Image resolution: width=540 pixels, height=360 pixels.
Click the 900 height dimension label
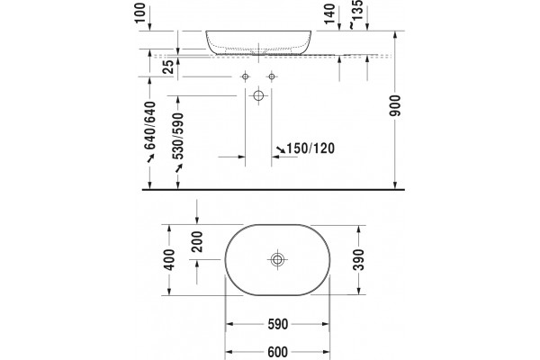tap(396, 105)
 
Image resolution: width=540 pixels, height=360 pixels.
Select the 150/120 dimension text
tap(310, 148)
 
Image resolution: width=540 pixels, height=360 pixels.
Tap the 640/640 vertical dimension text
tap(149, 125)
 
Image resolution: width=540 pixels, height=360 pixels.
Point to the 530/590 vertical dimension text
tap(178, 136)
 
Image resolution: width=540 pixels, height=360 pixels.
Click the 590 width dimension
tap(277, 324)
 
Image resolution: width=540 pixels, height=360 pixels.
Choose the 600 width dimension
tap(277, 352)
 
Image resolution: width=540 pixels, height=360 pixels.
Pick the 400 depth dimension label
tap(169, 259)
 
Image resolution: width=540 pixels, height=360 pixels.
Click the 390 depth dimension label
tap(358, 259)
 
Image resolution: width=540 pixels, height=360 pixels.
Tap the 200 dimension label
tap(197, 241)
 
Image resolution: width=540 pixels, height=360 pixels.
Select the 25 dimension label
tap(168, 67)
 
